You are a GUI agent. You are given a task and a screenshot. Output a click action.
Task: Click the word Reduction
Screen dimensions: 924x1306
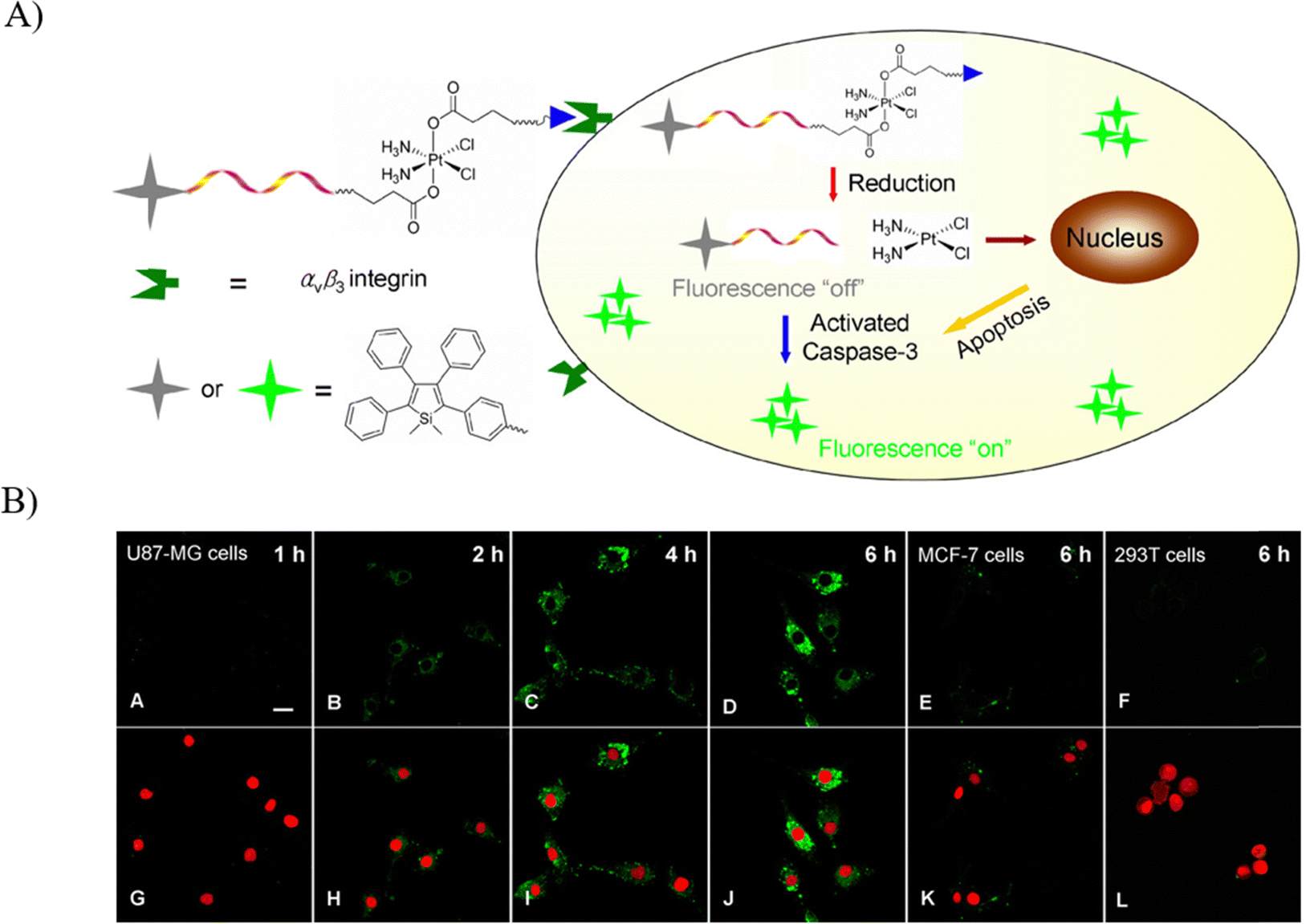pos(901,184)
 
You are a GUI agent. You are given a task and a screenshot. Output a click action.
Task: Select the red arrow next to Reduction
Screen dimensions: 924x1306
pos(832,184)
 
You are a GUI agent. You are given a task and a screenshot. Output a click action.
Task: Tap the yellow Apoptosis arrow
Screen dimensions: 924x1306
pos(986,309)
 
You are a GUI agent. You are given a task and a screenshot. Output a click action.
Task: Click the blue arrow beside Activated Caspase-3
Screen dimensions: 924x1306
pos(786,338)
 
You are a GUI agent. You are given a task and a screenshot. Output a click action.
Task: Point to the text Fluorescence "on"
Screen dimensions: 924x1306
pos(914,449)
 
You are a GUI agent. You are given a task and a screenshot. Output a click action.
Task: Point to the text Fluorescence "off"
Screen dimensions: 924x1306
pos(767,288)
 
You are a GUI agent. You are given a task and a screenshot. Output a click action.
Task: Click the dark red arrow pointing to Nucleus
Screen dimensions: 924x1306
pos(1010,239)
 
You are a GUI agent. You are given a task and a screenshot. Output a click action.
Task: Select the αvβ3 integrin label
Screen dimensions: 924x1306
pos(364,280)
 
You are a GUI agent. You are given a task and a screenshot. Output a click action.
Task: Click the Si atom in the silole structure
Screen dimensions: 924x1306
pos(425,418)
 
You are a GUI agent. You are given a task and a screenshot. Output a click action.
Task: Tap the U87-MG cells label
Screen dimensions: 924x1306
pos(187,553)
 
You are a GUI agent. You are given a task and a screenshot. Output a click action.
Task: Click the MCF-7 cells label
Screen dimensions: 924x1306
pos(970,555)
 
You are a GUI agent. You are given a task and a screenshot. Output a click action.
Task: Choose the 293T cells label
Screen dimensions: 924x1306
pos(1159,555)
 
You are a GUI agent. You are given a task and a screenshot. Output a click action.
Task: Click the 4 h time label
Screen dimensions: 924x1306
pos(680,554)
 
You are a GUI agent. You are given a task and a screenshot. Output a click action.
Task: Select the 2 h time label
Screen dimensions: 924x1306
pos(487,554)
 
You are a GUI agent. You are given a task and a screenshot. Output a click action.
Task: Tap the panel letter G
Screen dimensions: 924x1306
pos(137,898)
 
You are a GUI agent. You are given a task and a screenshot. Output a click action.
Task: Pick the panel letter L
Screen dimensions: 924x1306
pos(1121,900)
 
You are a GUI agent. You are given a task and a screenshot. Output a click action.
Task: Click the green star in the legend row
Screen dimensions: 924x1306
pos(270,390)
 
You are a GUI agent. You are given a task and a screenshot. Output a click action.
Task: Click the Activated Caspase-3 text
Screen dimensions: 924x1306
pos(860,337)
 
